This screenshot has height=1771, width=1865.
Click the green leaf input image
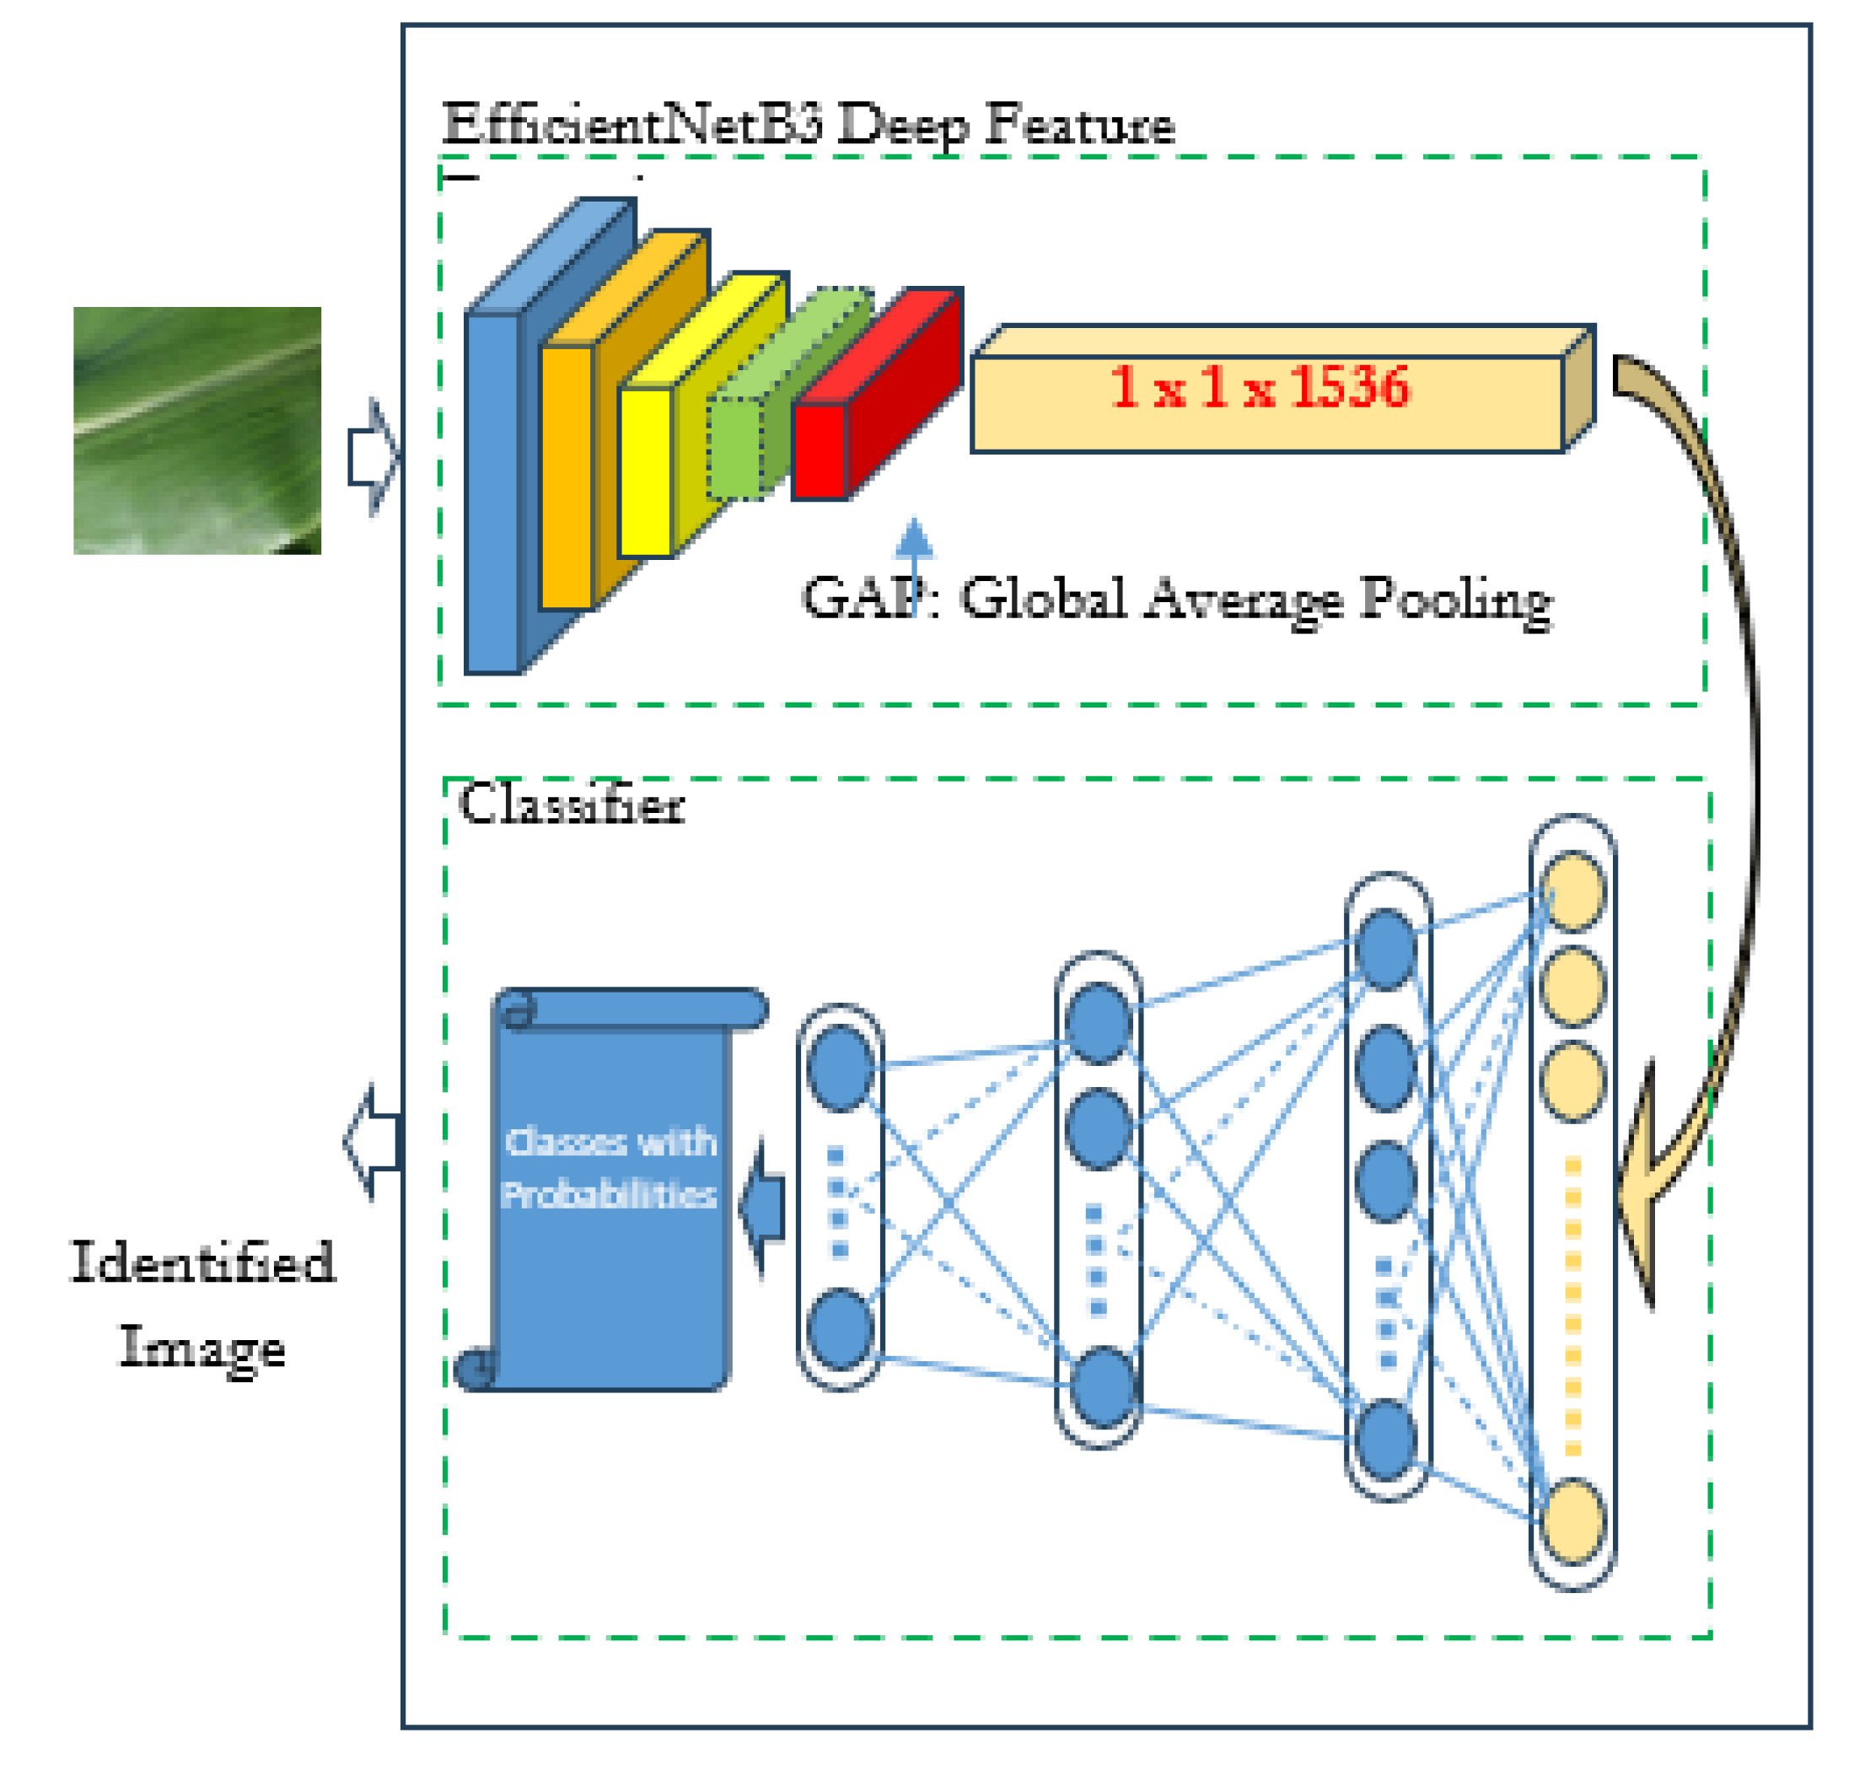pos(197,429)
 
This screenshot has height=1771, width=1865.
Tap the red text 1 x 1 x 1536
pos(1259,387)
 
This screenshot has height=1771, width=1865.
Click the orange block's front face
pos(567,477)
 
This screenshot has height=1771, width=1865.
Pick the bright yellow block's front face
pos(646,471)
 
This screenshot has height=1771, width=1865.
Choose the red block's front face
pos(819,451)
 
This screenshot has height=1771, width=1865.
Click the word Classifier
pos(571,805)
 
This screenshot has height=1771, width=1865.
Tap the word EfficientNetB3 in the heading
pos(632,124)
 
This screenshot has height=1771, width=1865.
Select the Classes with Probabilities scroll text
pos(610,1168)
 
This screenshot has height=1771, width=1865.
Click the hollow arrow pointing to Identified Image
pos(373,1142)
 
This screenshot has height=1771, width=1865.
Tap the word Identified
pos(203,1263)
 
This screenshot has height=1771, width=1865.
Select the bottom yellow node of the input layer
pos(1572,1521)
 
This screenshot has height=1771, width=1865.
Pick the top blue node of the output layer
pos(840,1068)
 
